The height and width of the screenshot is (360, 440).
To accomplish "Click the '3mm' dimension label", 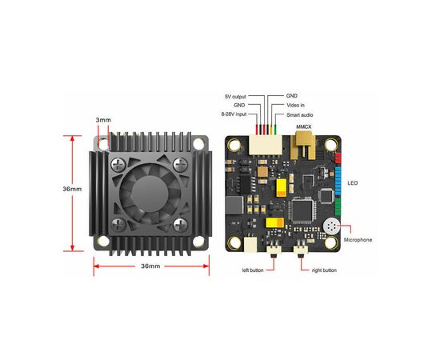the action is [103, 120].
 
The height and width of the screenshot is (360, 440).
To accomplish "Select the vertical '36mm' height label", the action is [72, 189].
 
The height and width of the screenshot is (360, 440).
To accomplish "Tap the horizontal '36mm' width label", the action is [150, 266].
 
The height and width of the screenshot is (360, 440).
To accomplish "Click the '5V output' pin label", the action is [235, 97].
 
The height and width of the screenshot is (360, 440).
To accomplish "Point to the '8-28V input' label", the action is [234, 114].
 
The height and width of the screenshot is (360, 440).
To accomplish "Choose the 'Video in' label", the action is [295, 106].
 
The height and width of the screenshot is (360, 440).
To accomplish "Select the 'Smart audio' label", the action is [300, 115].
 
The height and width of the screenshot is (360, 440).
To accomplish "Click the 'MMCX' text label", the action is [304, 127].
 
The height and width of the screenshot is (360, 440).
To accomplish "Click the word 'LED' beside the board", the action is [353, 183].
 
